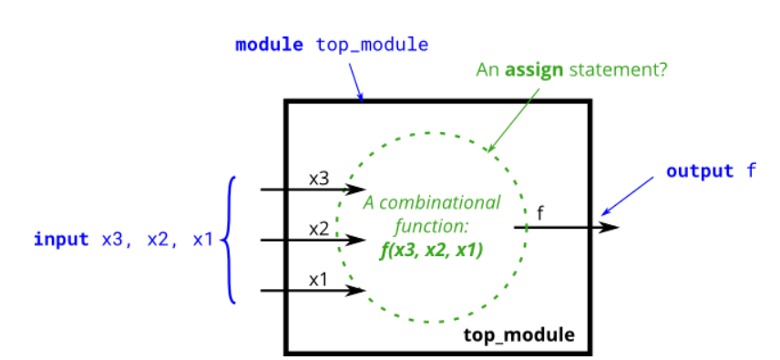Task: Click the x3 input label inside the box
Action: (x=318, y=178)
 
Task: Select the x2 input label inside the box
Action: (x=318, y=229)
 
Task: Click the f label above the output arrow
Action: (x=541, y=213)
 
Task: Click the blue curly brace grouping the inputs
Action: (x=230, y=240)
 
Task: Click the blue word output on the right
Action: (x=699, y=170)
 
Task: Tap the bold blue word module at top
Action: (x=269, y=44)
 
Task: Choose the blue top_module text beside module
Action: (x=371, y=44)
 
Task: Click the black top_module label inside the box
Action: (x=519, y=334)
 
